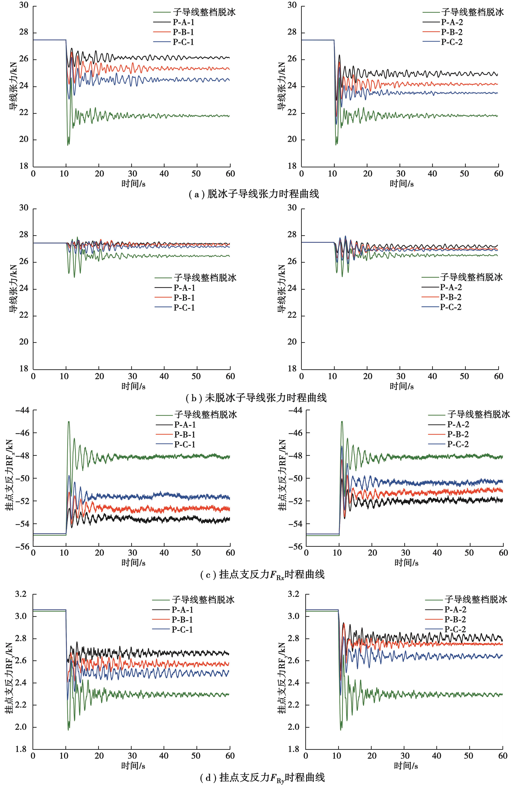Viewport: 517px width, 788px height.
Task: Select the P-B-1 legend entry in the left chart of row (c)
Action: (x=185, y=434)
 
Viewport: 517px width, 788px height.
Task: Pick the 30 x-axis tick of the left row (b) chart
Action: (x=132, y=376)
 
